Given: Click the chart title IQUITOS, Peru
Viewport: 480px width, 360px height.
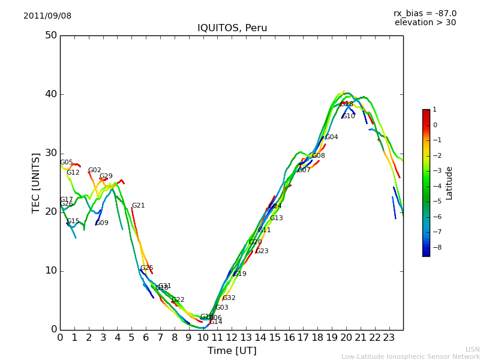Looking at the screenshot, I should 232,28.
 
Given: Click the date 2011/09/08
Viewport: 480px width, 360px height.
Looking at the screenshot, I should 47,16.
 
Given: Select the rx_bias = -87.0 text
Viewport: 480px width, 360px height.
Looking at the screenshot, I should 425,13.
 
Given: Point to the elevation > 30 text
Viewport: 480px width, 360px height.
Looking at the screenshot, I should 425,23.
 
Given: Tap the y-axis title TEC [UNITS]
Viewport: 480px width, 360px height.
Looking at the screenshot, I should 36,182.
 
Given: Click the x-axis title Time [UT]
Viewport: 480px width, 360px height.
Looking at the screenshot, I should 232,351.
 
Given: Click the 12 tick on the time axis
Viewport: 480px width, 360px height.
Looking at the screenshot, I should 232,338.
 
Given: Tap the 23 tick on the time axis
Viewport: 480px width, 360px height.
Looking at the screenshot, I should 389,338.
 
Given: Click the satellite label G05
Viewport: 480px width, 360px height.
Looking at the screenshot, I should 66,163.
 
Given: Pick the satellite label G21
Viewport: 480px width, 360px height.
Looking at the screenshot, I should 138,206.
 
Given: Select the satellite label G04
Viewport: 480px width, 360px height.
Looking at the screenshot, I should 331,137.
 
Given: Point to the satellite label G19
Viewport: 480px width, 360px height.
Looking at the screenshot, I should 240,274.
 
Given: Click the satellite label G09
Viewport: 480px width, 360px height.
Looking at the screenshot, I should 102,223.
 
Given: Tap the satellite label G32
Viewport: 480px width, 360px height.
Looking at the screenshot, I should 229,298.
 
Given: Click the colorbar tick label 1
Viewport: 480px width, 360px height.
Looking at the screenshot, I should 434,110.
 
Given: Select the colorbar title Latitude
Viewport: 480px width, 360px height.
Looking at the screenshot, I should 449,183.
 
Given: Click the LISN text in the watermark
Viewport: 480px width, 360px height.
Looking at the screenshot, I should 472,349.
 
